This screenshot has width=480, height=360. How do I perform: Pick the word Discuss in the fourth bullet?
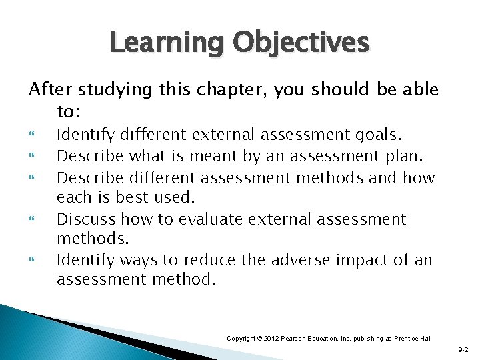(81, 219)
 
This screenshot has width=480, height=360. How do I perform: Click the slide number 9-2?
(463, 349)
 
